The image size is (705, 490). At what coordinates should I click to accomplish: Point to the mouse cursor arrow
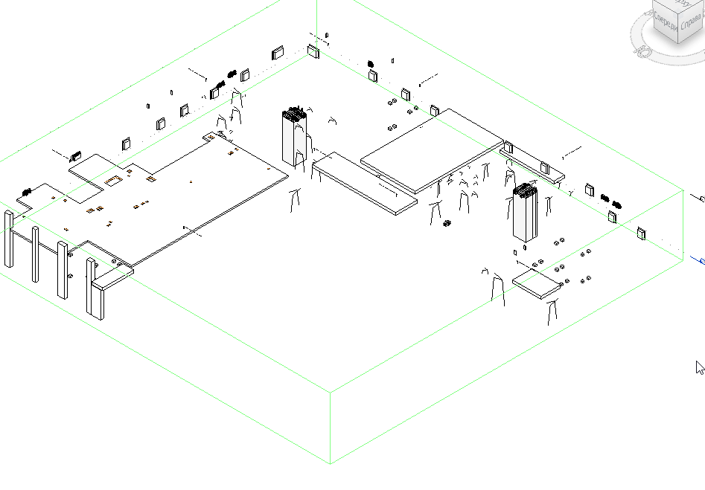pyautogui.click(x=699, y=367)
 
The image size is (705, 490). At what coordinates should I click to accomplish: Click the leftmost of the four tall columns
pyautogui.click(x=9, y=239)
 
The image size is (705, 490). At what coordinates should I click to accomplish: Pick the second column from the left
pyautogui.click(x=35, y=254)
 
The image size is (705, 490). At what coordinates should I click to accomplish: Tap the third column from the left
pyautogui.click(x=63, y=269)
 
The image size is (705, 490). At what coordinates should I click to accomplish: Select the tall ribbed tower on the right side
pyautogui.click(x=524, y=213)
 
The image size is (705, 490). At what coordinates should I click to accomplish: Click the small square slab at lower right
pyautogui.click(x=537, y=283)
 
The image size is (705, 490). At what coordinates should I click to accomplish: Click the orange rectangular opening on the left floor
pyautogui.click(x=113, y=180)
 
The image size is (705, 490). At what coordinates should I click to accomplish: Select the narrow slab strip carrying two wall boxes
pyautogui.click(x=532, y=165)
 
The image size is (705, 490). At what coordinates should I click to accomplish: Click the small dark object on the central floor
pyautogui.click(x=447, y=223)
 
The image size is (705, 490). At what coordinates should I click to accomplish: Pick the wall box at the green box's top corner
pyautogui.click(x=313, y=52)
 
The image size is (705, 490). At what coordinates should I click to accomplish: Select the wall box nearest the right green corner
pyautogui.click(x=642, y=234)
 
